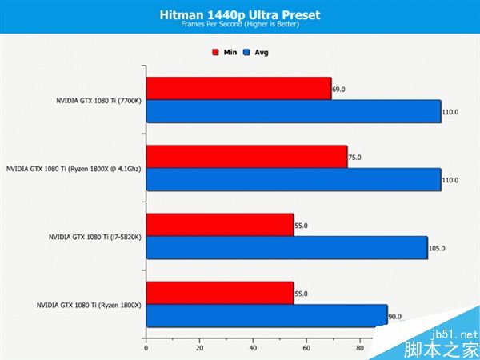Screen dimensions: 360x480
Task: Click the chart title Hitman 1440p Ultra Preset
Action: click(x=239, y=14)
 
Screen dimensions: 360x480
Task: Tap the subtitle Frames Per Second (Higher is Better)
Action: click(x=239, y=26)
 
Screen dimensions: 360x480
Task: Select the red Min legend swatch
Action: click(x=215, y=53)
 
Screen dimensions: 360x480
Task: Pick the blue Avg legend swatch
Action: click(x=248, y=53)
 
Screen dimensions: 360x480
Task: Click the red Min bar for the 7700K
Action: click(x=238, y=89)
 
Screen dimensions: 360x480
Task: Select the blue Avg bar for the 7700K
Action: click(x=293, y=111)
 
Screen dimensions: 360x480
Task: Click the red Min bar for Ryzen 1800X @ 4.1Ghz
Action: click(x=246, y=157)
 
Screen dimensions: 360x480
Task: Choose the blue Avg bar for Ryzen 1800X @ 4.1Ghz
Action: click(x=293, y=179)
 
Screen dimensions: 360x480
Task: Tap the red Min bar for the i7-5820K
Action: click(x=219, y=225)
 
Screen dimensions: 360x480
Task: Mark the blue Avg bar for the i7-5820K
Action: click(x=286, y=247)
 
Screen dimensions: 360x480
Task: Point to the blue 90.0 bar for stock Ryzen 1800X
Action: click(x=266, y=316)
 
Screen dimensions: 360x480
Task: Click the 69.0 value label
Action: click(x=338, y=89)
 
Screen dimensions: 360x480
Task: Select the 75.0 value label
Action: click(x=354, y=158)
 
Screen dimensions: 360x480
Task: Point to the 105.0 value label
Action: click(x=437, y=248)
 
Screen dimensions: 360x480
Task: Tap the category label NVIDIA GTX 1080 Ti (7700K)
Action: click(x=98, y=101)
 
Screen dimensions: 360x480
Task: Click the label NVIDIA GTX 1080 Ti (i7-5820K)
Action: click(x=94, y=237)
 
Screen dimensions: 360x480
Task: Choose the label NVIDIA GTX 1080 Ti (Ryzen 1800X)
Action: click(x=89, y=305)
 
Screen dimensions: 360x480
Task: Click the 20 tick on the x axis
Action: click(x=198, y=348)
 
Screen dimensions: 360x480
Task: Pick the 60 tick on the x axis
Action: click(x=306, y=348)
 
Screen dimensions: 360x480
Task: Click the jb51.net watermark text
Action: click(x=457, y=334)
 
